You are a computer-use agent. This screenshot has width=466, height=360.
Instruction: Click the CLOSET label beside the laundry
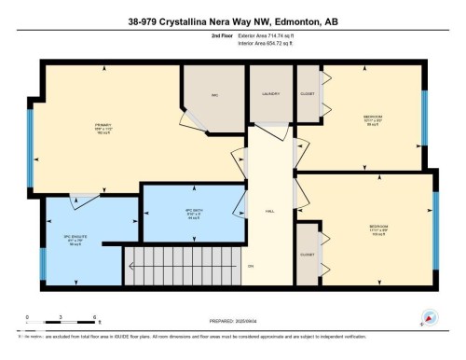point(308,93)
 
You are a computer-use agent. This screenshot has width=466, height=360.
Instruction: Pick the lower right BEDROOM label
point(378,225)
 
